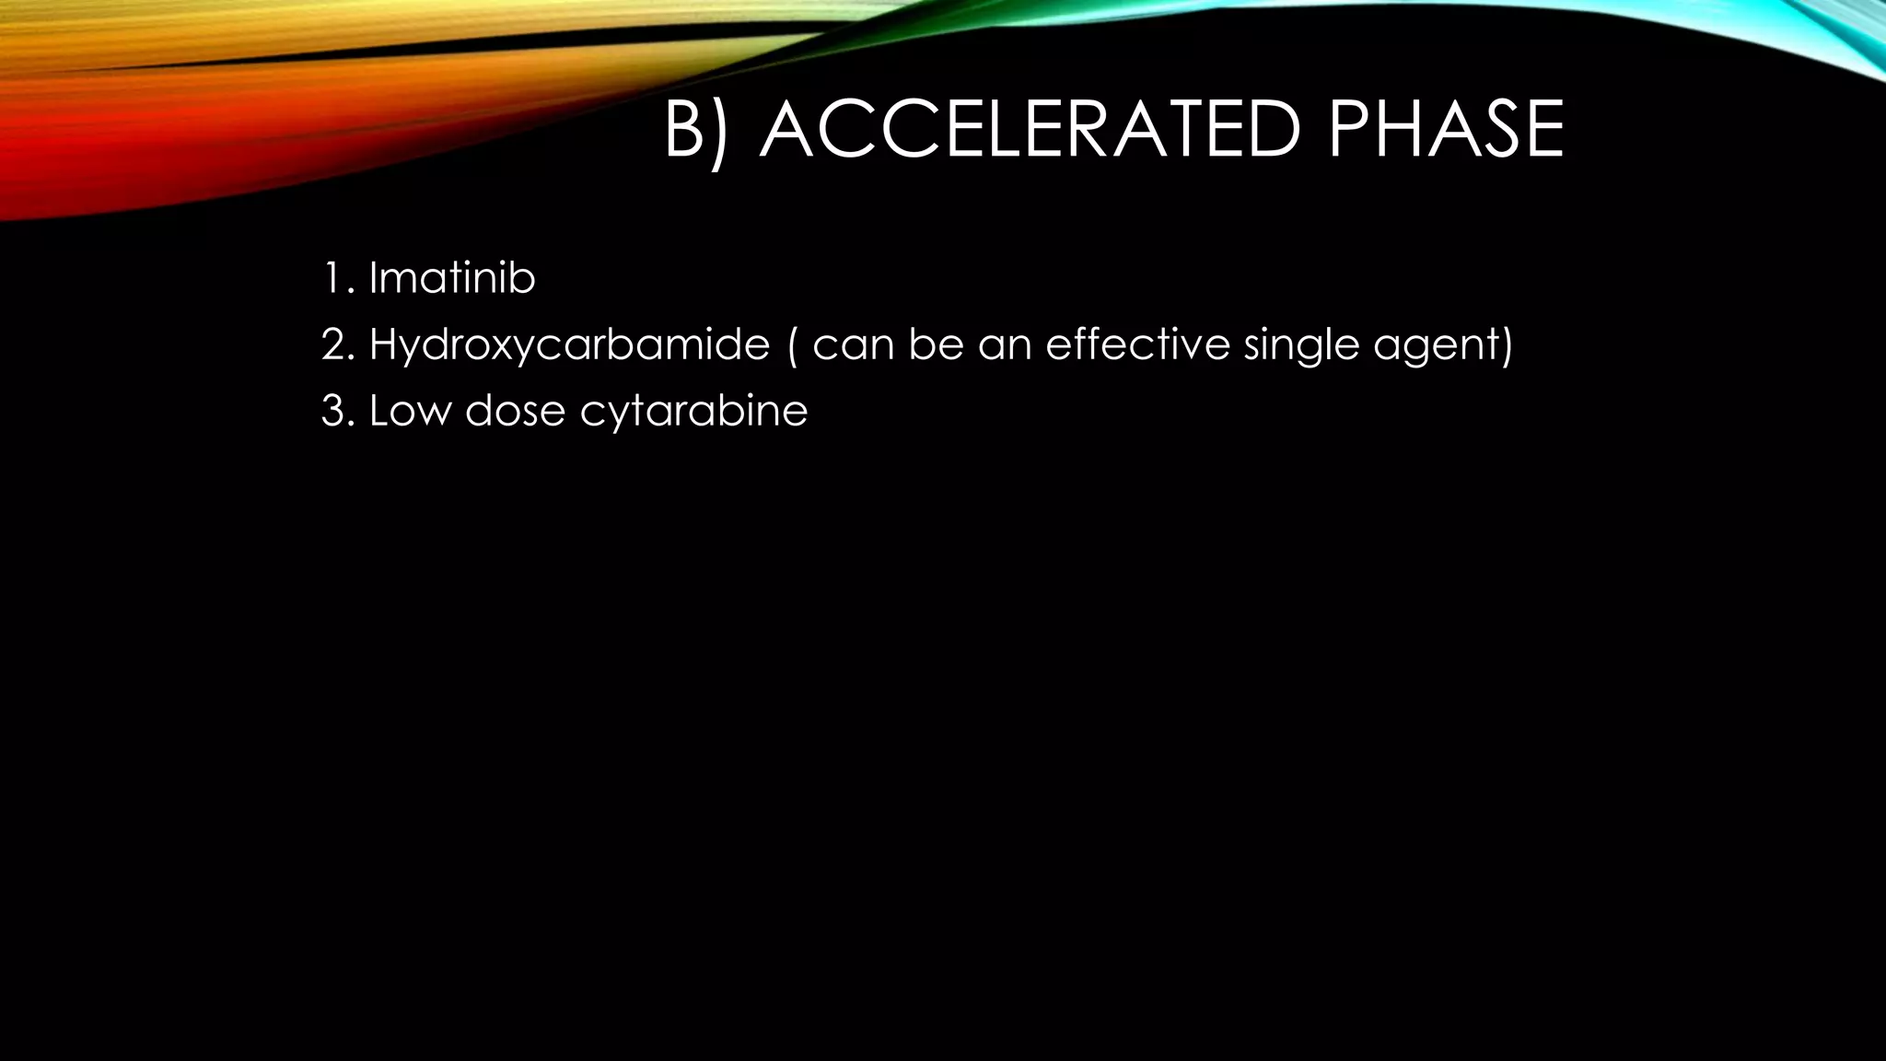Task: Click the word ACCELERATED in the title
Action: pyautogui.click(x=1030, y=131)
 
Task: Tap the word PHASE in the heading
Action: pyautogui.click(x=1445, y=131)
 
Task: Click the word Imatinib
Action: pyautogui.click(x=451, y=278)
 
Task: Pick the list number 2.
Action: pyautogui.click(x=335, y=344)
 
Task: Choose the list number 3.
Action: pyautogui.click(x=335, y=411)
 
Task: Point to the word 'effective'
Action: pyautogui.click(x=1137, y=344)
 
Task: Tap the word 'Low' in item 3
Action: pyautogui.click(x=410, y=411)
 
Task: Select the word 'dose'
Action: pyautogui.click(x=515, y=411)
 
